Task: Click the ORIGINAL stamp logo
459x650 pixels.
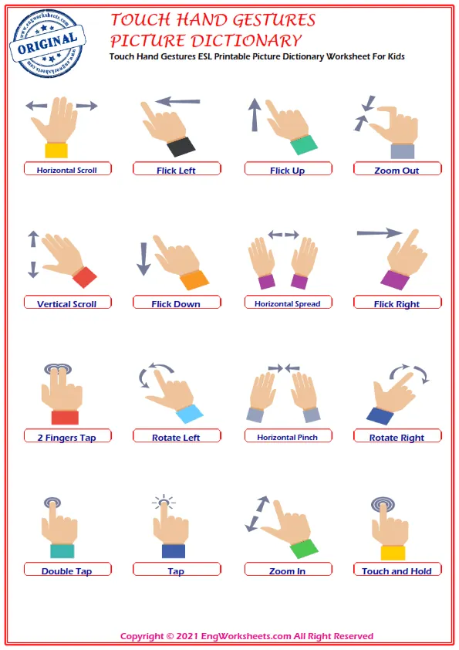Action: (x=47, y=43)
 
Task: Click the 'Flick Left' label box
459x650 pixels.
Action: (x=177, y=169)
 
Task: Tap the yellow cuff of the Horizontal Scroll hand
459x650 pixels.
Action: (x=56, y=151)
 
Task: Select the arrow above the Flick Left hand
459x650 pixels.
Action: (x=177, y=100)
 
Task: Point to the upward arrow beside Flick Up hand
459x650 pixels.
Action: (x=254, y=115)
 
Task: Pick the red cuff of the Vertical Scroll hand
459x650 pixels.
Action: (x=85, y=277)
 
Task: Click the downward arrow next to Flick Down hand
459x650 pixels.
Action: (x=143, y=259)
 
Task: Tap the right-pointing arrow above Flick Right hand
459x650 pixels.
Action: (x=380, y=233)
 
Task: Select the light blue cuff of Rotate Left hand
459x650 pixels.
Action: (x=190, y=414)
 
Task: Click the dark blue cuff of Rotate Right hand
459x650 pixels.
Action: (x=380, y=416)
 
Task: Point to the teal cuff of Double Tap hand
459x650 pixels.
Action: (x=62, y=551)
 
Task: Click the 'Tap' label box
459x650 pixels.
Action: (x=177, y=569)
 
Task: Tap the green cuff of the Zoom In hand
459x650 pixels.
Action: (x=304, y=549)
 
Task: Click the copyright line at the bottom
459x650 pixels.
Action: (x=247, y=636)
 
